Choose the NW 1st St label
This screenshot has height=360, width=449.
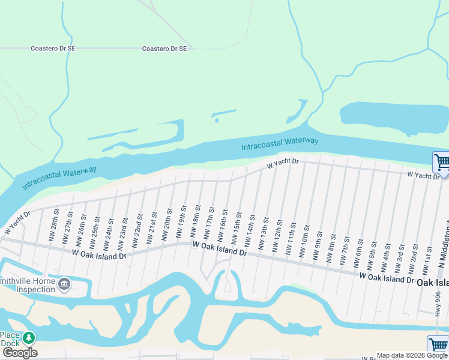429,256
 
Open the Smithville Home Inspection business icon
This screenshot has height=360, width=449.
64,283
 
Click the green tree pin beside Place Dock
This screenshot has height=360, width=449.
28,339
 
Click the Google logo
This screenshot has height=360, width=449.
20,353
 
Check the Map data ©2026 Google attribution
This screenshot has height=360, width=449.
412,355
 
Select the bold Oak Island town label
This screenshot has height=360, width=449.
432,283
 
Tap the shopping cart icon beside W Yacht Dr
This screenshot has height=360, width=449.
441,162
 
